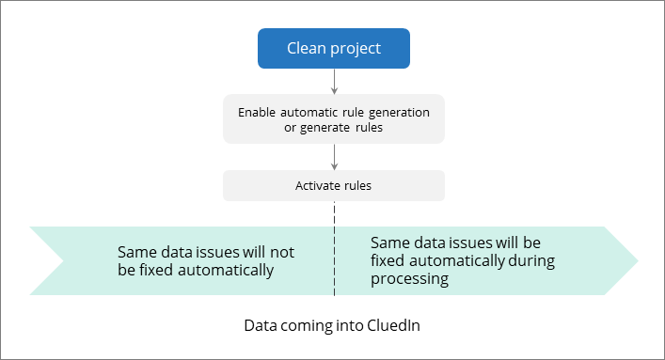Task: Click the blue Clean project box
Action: pos(334,48)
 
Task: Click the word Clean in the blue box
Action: pos(308,48)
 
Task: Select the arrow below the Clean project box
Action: pos(334,82)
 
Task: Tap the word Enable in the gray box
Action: pos(259,112)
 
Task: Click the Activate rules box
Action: pos(334,185)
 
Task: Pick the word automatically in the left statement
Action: pos(225,270)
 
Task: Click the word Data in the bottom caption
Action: pos(260,326)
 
